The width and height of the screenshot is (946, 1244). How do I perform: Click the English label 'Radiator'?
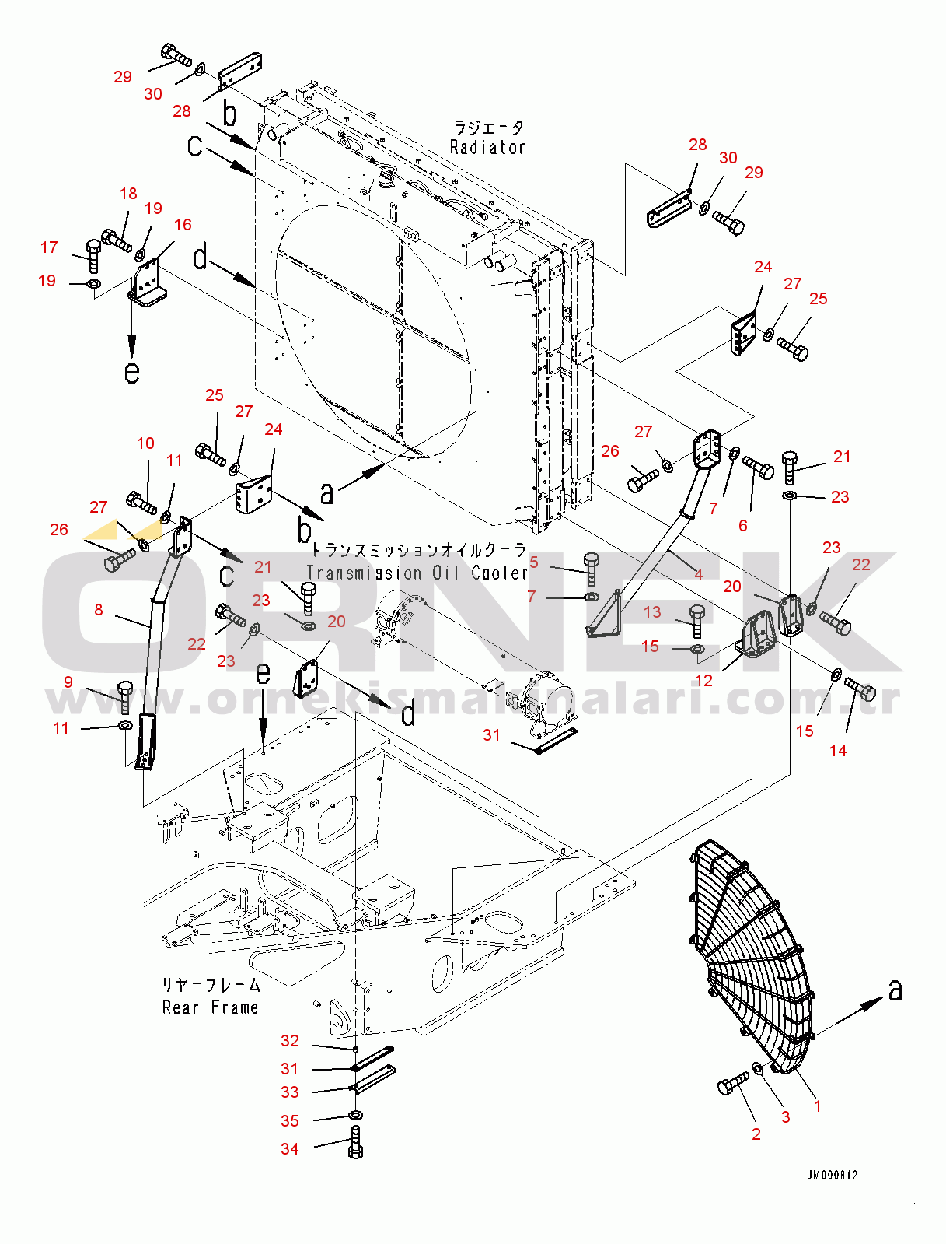pos(487,147)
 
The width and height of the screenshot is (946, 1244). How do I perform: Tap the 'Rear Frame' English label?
pos(210,1007)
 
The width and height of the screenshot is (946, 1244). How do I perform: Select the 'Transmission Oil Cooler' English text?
pos(417,573)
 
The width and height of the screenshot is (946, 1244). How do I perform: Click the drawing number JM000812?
pos(832,1176)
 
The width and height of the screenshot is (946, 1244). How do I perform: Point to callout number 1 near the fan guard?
pos(817,1106)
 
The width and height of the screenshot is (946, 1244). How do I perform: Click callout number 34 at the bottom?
pos(290,1149)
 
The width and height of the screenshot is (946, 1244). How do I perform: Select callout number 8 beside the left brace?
pos(99,610)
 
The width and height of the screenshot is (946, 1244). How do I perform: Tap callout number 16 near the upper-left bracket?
pos(183,225)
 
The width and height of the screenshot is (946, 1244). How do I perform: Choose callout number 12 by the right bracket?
pos(703,681)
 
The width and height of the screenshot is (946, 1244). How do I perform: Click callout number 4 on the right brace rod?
pos(698,575)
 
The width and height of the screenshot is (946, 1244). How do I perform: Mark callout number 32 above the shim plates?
pos(290,1041)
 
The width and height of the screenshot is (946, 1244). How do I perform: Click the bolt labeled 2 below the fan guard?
pos(733,1084)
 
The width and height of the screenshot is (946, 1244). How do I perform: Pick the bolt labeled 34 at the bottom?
pos(355,1143)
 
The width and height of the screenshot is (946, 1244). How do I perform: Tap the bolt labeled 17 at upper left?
pos(92,254)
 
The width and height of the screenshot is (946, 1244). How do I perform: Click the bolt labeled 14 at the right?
pos(860,689)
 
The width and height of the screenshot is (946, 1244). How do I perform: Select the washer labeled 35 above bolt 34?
pos(355,1116)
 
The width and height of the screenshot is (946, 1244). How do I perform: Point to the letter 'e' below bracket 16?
pos(132,373)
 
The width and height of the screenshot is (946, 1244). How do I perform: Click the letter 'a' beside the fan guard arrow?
pos(895,990)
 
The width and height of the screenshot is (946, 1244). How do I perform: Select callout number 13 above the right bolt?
pos(652,612)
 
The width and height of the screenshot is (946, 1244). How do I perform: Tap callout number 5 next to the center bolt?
pos(533,562)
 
